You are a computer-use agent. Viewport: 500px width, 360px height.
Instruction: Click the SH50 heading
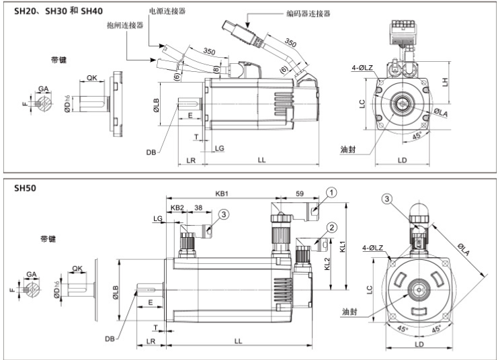tap(26, 188)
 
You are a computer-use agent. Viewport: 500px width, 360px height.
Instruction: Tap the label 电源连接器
tap(168, 11)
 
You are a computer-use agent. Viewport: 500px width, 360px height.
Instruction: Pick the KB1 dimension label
tap(222, 193)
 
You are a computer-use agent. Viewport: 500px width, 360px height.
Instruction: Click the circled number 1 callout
tap(331, 192)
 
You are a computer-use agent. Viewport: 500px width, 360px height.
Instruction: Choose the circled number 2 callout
tap(331, 226)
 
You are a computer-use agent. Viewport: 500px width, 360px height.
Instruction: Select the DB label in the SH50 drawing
tap(110, 339)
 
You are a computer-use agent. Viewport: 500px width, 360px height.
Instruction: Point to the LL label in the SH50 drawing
tap(238, 341)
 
